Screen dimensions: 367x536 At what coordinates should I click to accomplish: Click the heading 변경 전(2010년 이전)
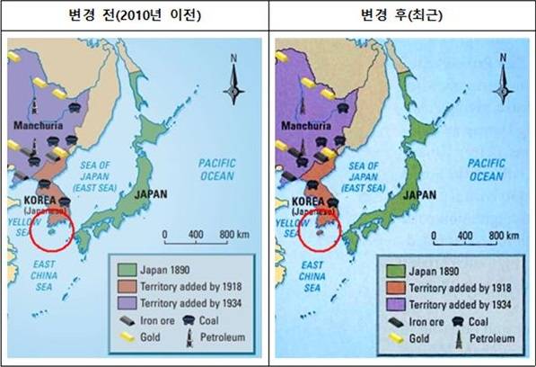click(x=134, y=14)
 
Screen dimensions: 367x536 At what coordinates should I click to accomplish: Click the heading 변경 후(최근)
click(x=402, y=14)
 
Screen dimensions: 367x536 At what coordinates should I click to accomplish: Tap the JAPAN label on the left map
click(x=151, y=193)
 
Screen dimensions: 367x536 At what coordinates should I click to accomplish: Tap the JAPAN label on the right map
click(x=419, y=194)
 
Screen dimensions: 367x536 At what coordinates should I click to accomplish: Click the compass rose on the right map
click(x=503, y=87)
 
